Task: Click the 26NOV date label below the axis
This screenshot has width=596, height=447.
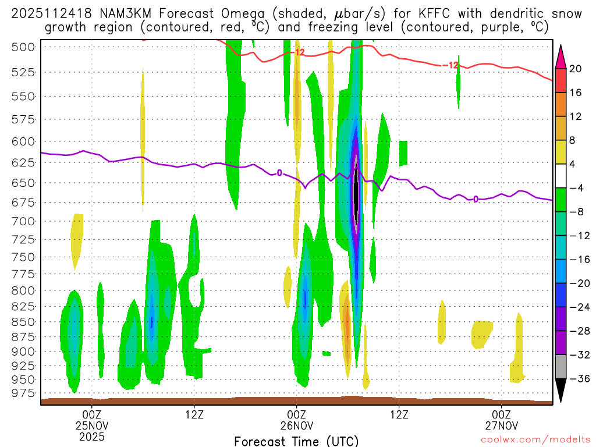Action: (x=296, y=425)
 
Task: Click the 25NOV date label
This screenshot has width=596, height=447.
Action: (x=91, y=425)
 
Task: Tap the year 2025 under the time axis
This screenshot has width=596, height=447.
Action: (x=91, y=436)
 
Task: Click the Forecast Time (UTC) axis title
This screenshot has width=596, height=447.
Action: (x=296, y=441)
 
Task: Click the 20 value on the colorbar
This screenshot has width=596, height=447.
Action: (x=576, y=69)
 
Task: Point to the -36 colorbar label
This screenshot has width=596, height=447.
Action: (x=576, y=379)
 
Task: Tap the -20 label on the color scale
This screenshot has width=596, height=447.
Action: (x=576, y=283)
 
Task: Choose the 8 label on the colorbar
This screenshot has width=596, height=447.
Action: (x=573, y=140)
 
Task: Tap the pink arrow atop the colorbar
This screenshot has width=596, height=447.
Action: (x=560, y=56)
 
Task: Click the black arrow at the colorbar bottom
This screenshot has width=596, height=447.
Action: (x=560, y=391)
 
